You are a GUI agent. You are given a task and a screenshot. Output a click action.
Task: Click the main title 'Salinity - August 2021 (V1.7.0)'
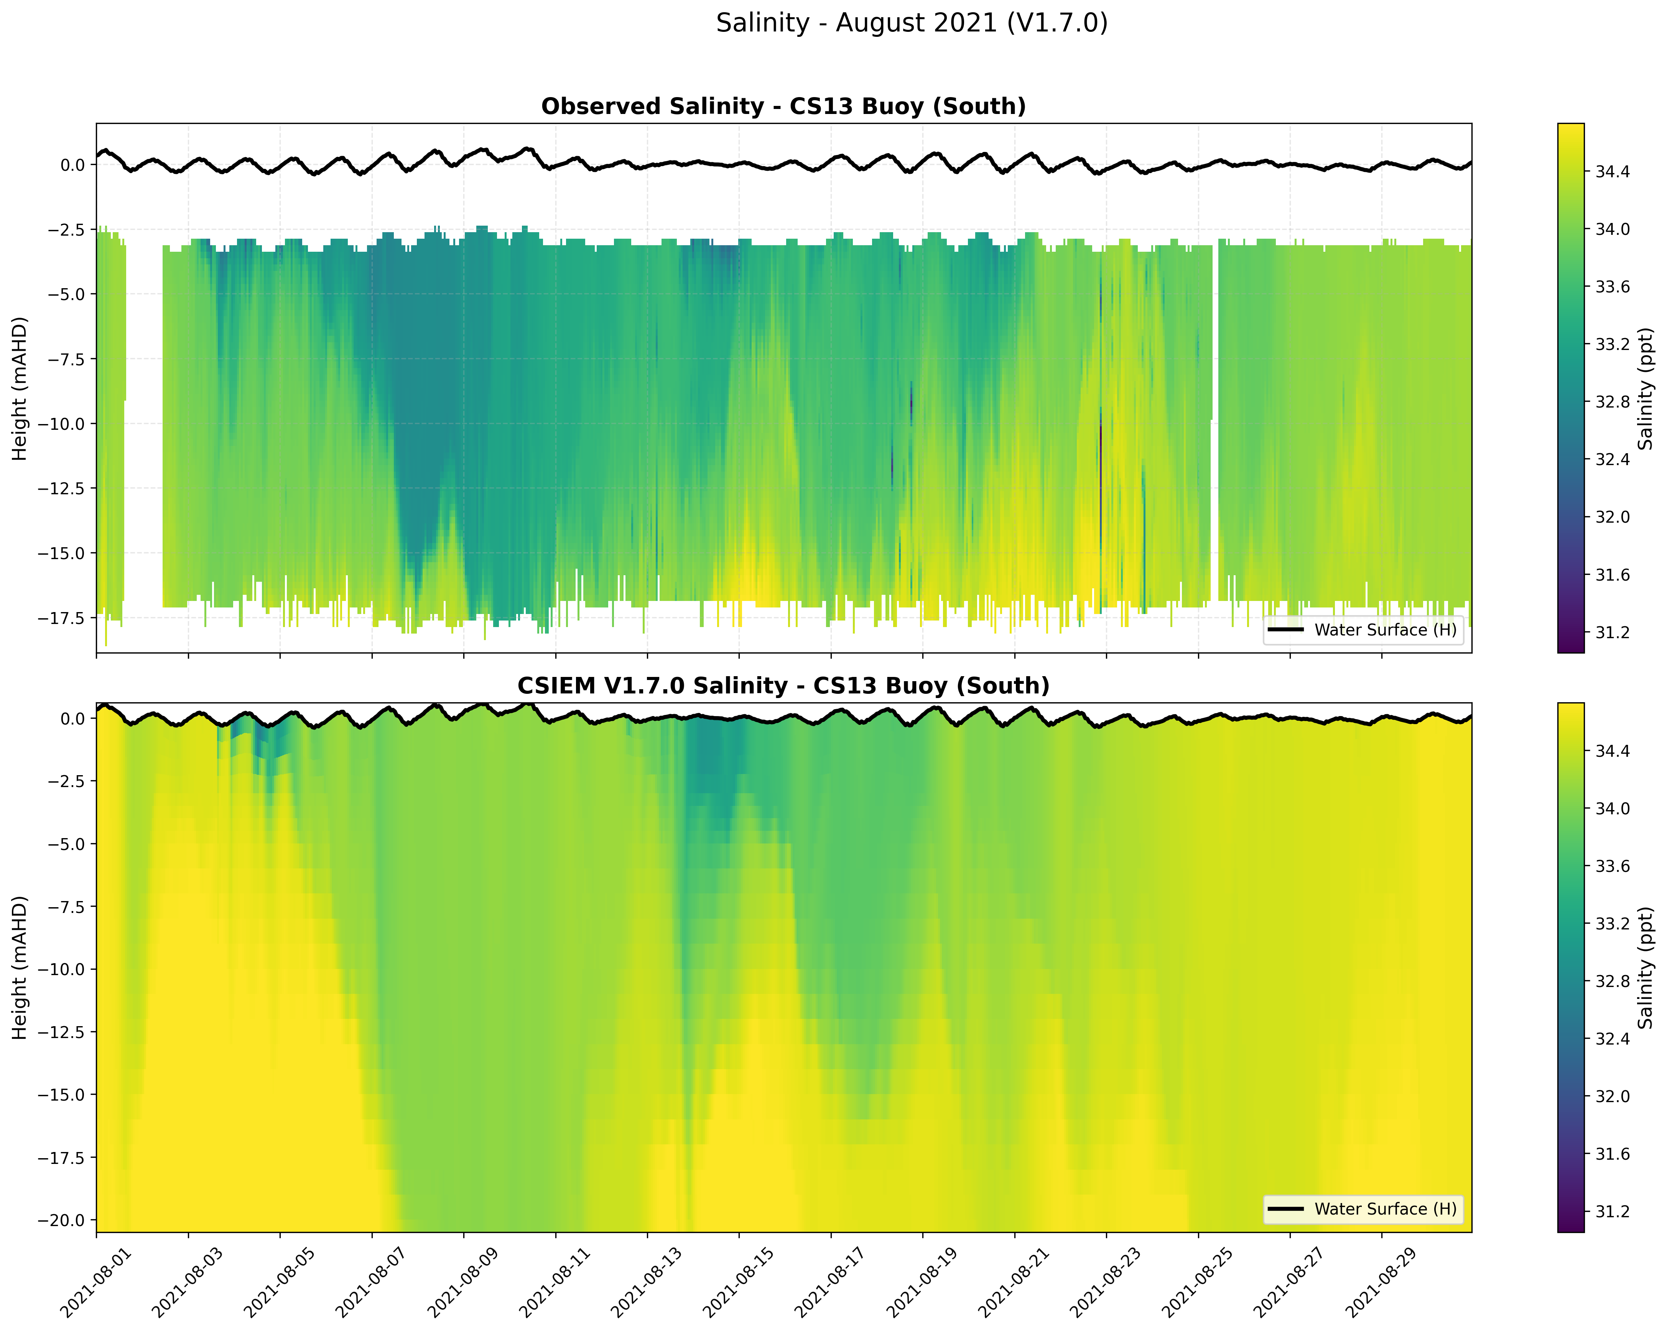[x=912, y=23]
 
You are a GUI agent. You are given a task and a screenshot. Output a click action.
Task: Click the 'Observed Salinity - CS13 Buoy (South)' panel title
[x=783, y=107]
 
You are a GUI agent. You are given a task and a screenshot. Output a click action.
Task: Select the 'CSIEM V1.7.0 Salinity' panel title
[x=783, y=686]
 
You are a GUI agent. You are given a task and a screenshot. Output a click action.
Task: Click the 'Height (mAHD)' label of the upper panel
[x=20, y=388]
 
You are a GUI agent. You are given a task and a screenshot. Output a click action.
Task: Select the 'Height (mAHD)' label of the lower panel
[x=20, y=968]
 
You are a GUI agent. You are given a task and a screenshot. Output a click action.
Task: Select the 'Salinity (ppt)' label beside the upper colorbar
[x=1646, y=388]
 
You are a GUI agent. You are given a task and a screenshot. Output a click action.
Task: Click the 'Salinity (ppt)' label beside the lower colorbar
[x=1646, y=968]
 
